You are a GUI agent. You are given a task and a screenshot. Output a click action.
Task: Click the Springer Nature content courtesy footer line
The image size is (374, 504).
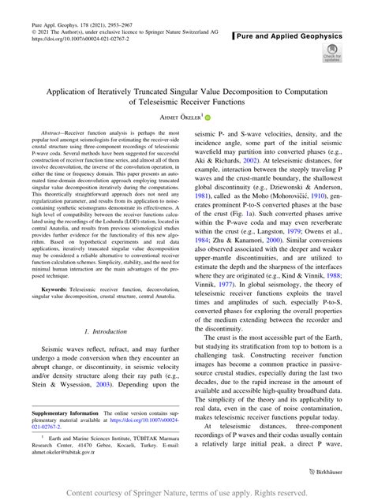point(187,494)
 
